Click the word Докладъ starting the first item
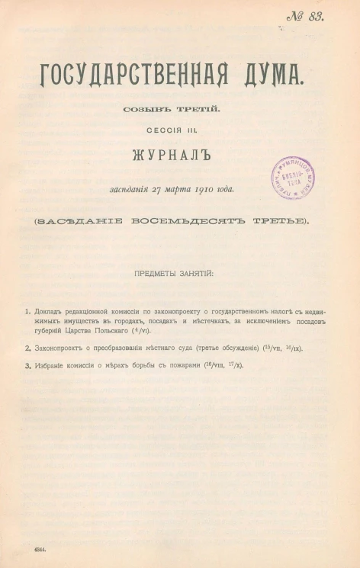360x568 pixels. [50, 312]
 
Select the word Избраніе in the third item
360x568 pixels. [52, 367]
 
